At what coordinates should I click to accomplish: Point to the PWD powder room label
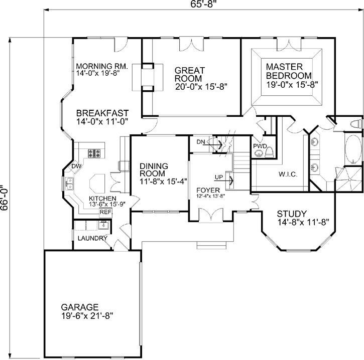(260, 146)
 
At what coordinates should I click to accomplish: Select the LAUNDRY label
(91, 238)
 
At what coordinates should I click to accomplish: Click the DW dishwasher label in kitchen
(76, 166)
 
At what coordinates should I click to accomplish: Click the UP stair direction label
(219, 177)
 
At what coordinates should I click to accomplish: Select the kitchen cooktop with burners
(95, 153)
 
